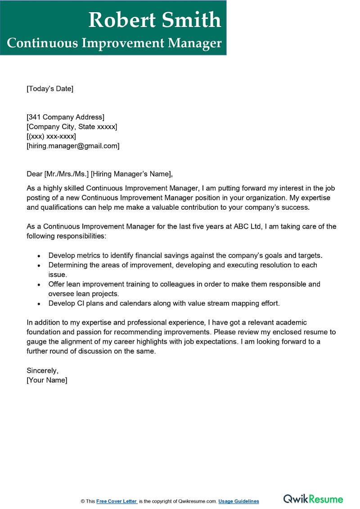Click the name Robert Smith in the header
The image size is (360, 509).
(155, 20)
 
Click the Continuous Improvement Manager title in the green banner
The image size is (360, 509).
(114, 43)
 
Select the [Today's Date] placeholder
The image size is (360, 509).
(50, 89)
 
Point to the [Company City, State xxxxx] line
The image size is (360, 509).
(72, 127)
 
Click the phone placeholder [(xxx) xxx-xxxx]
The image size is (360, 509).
(51, 136)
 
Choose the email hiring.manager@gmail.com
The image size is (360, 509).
(73, 146)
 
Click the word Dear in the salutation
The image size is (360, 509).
(35, 174)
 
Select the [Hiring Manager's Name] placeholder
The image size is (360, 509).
(131, 174)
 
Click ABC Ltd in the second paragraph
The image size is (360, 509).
(247, 226)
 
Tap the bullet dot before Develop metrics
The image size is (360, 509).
(39, 256)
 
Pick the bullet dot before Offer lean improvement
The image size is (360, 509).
(39, 284)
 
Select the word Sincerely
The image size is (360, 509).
(42, 371)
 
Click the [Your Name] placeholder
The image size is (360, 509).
(47, 380)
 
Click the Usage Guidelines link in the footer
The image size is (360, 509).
(239, 501)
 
